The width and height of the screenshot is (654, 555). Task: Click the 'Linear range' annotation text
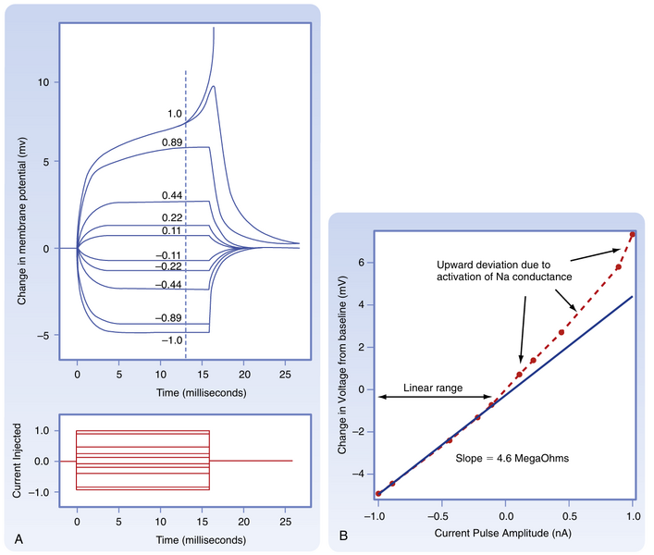[435, 389]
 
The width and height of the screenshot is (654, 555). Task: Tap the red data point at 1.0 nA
[633, 234]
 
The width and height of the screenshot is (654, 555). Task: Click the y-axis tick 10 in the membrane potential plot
[43, 82]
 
